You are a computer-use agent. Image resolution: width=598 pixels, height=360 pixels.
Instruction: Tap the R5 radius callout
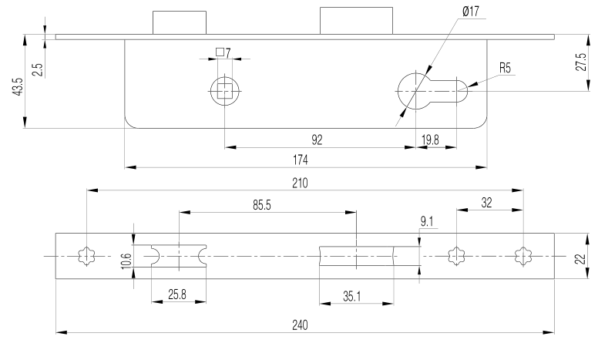click(x=506, y=68)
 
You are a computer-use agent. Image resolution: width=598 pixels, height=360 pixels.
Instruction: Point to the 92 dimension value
click(x=317, y=140)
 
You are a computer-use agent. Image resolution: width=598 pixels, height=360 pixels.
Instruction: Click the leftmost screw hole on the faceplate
click(x=87, y=255)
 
